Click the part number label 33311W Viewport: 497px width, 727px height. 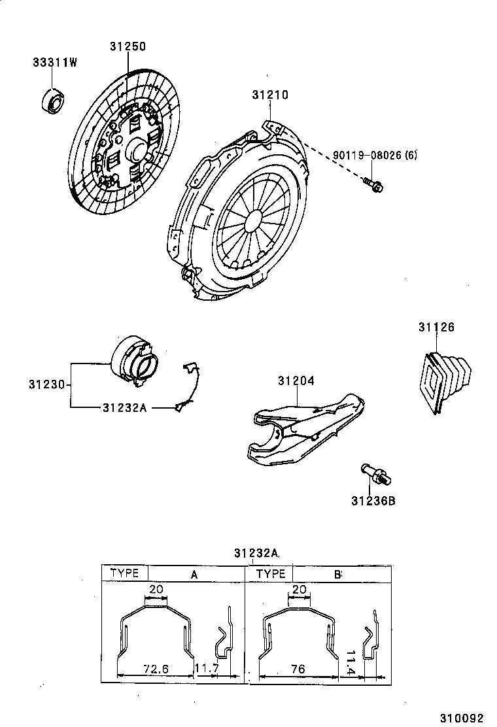tap(55, 63)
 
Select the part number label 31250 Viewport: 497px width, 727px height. tap(128, 46)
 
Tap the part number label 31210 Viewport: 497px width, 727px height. tap(269, 95)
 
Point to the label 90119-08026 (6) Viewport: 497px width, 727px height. tap(375, 155)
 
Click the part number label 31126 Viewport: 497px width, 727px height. tap(436, 327)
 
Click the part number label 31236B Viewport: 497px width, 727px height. tap(373, 501)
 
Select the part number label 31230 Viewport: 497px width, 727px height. tap(46, 384)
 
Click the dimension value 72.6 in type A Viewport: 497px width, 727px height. tap(156, 669)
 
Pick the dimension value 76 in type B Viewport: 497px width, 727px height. tap(299, 669)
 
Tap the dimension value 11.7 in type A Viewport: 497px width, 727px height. tap(207, 669)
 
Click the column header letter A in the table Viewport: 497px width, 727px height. tap(194, 574)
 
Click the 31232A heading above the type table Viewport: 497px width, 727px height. tap(256, 554)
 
